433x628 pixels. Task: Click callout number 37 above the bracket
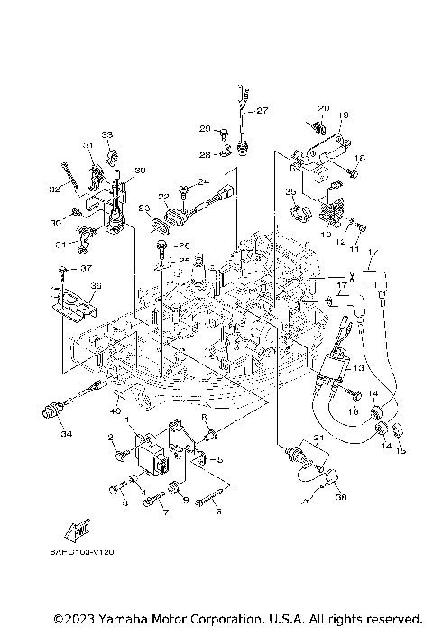coord(87,268)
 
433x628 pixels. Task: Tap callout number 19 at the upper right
coord(344,115)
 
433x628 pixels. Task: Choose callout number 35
coord(290,191)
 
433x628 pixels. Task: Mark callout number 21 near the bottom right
coord(317,438)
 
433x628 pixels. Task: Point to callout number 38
coord(340,495)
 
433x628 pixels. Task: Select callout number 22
coord(163,197)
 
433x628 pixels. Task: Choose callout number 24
coord(203,181)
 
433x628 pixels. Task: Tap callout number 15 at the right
coord(402,449)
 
